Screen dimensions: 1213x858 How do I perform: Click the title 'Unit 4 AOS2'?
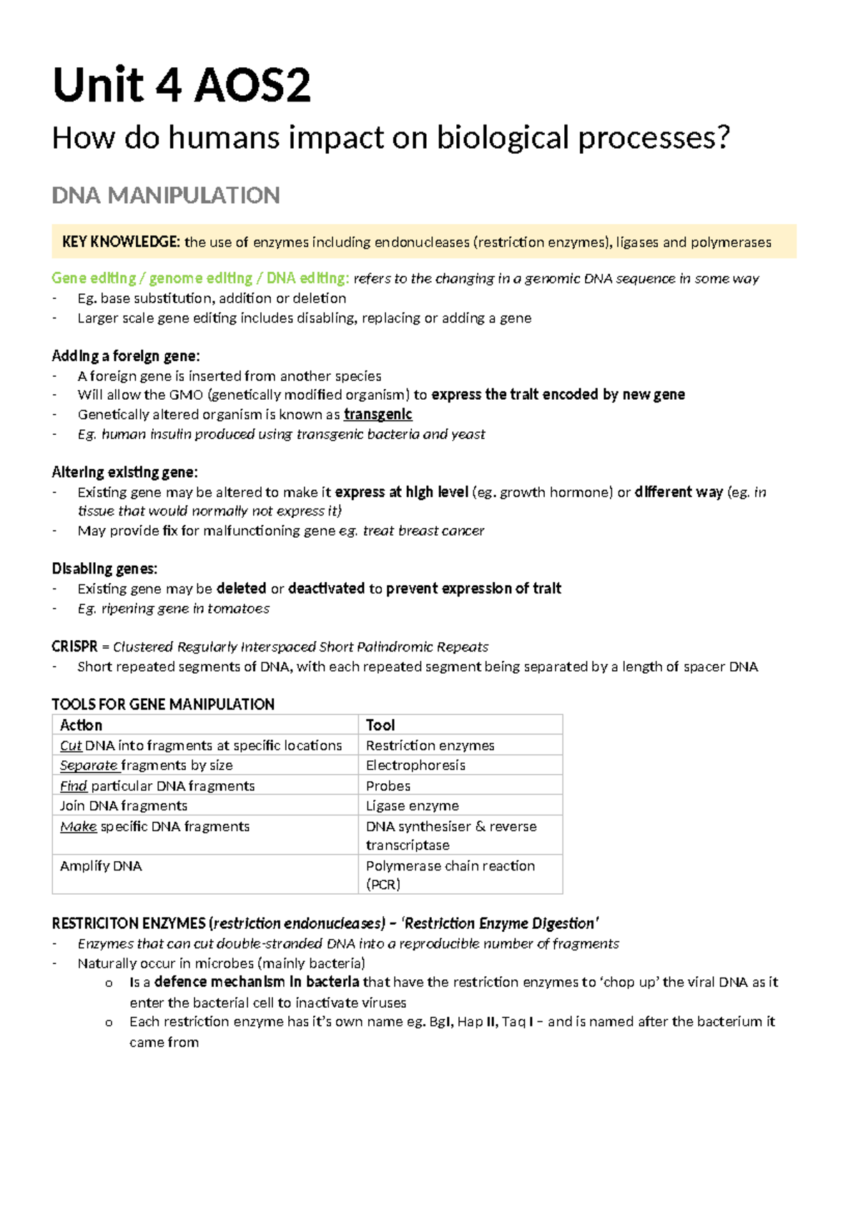pyautogui.click(x=182, y=86)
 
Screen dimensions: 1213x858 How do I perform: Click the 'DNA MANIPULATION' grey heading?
pyautogui.click(x=166, y=195)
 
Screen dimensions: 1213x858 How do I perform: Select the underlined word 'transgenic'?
pyautogui.click(x=378, y=414)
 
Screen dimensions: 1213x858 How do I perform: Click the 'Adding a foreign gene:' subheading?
pyautogui.click(x=126, y=355)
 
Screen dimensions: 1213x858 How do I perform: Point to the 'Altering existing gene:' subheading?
pyautogui.click(x=124, y=472)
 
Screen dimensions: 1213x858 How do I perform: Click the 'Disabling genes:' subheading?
pyautogui.click(x=104, y=569)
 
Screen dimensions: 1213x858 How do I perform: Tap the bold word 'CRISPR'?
pyautogui.click(x=74, y=647)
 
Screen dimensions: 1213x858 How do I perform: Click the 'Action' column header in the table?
pyautogui.click(x=81, y=725)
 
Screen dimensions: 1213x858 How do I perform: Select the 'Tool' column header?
pyautogui.click(x=380, y=725)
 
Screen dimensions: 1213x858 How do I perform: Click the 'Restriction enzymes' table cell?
pyautogui.click(x=430, y=745)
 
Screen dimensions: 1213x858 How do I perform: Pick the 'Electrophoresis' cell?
pyautogui.click(x=415, y=765)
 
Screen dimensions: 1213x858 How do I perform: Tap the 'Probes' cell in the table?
pyautogui.click(x=388, y=785)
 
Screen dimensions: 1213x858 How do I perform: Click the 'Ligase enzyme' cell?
pyautogui.click(x=413, y=805)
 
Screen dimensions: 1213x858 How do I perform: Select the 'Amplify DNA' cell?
pyautogui.click(x=101, y=865)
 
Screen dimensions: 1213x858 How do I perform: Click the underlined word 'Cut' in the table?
pyautogui.click(x=71, y=745)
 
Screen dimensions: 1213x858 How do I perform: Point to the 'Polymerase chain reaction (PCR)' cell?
pyautogui.click(x=450, y=874)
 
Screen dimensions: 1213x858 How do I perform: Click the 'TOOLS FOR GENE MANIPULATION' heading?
pyautogui.click(x=163, y=704)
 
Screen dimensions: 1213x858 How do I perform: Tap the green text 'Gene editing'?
pyautogui.click(x=94, y=278)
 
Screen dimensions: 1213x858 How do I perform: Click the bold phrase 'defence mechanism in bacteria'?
pyautogui.click(x=257, y=982)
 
